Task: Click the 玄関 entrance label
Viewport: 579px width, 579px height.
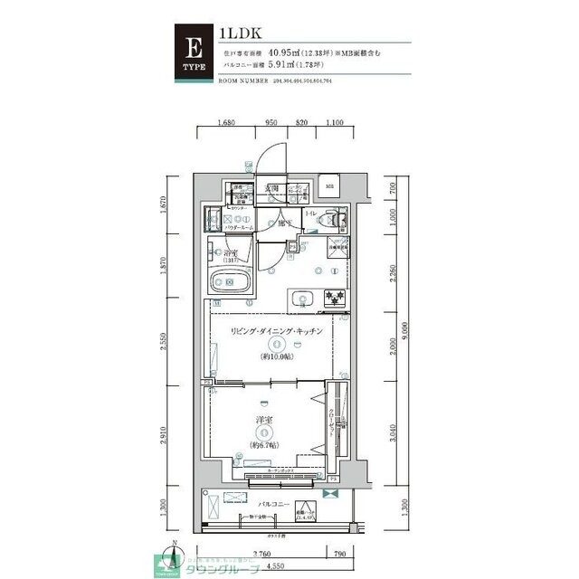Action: pyautogui.click(x=271, y=188)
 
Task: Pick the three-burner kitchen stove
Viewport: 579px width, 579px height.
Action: pyautogui.click(x=334, y=298)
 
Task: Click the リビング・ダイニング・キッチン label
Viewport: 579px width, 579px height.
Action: pyautogui.click(x=276, y=333)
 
